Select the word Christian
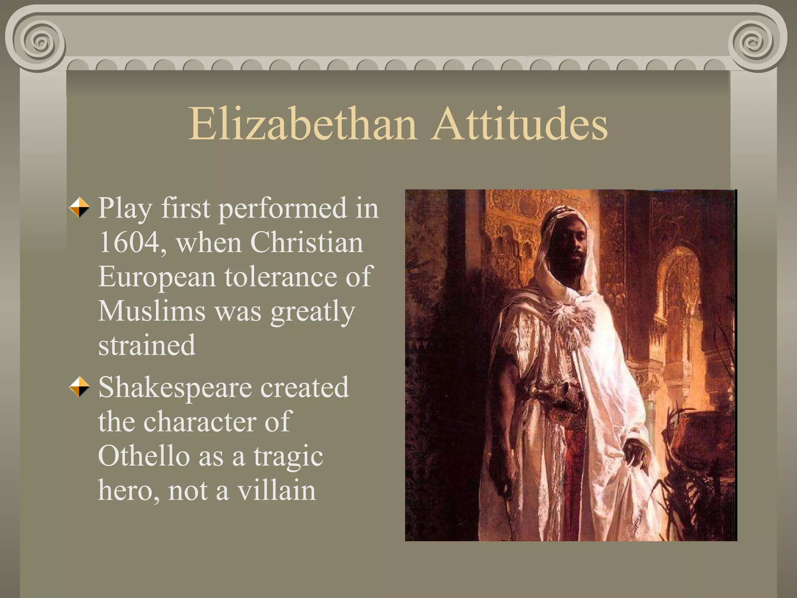[306, 242]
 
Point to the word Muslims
[151, 311]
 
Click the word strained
[147, 345]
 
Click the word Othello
[143, 456]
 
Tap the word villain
[277, 490]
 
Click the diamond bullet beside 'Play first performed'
[79, 207]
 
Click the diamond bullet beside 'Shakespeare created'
[79, 387]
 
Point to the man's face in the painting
[570, 249]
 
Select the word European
[157, 277]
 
